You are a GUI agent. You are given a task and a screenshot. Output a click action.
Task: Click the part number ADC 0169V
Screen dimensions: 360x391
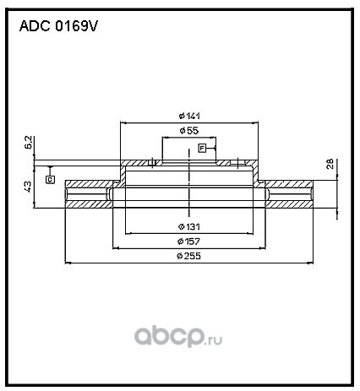pyautogui.click(x=58, y=26)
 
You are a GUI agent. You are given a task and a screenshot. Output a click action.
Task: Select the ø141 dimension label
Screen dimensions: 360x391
pyautogui.click(x=189, y=116)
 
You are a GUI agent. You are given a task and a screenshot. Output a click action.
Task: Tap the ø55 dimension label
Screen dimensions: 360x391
pyautogui.click(x=189, y=130)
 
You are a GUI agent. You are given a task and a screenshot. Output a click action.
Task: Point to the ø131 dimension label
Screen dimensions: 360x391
pyautogui.click(x=189, y=226)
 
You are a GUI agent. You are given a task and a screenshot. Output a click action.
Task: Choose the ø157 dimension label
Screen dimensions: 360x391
pyautogui.click(x=189, y=242)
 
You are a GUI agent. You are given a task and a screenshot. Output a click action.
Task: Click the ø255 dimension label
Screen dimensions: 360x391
pyautogui.click(x=189, y=256)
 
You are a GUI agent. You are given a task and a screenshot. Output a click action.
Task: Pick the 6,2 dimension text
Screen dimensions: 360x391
pyautogui.click(x=29, y=143)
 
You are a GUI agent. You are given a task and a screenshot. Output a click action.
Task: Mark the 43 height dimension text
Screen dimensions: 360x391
pyautogui.click(x=29, y=187)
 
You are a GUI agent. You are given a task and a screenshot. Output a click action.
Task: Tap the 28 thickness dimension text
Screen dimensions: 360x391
pyautogui.click(x=330, y=164)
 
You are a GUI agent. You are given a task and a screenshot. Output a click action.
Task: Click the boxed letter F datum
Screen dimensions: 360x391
pyautogui.click(x=202, y=148)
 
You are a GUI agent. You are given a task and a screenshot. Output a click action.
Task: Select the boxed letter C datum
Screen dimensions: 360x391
pyautogui.click(x=50, y=179)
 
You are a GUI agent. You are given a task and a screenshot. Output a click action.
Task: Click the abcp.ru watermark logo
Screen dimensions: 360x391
pyautogui.click(x=178, y=336)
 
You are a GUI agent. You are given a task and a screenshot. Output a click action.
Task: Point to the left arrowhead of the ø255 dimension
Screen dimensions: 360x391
pyautogui.click(x=68, y=263)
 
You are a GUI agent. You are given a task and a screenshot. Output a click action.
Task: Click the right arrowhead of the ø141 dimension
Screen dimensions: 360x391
pyautogui.click(x=255, y=122)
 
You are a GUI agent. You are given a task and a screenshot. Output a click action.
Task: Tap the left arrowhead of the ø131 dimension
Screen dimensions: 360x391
pyautogui.click(x=128, y=234)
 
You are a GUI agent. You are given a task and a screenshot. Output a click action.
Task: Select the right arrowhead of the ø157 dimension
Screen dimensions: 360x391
pyautogui.click(x=263, y=248)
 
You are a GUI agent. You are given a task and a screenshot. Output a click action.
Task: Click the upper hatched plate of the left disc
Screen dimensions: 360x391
pyautogui.click(x=90, y=183)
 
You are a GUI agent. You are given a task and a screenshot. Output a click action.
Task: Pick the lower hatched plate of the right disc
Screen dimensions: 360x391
pyautogui.click(x=289, y=204)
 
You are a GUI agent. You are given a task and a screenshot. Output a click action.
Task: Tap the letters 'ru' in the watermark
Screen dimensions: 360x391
pyautogui.click(x=215, y=340)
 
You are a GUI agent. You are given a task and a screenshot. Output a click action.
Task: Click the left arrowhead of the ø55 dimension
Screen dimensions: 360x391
pyautogui.click(x=165, y=138)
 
